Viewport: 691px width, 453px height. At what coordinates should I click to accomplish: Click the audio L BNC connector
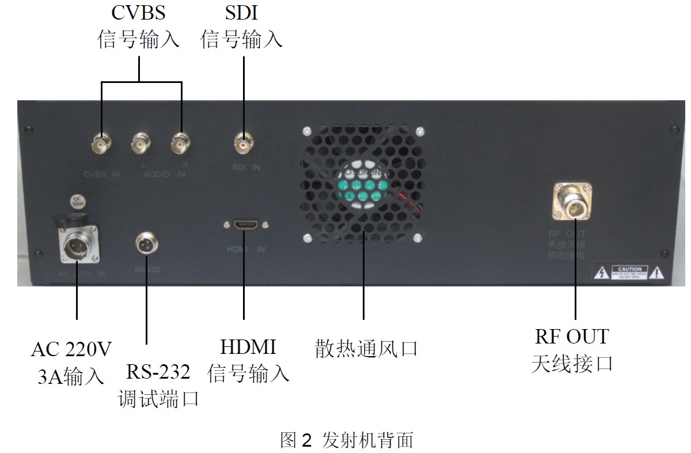tap(142, 144)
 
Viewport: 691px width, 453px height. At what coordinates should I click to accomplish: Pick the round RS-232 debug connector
tap(146, 243)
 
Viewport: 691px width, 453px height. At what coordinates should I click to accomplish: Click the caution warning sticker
tap(629, 273)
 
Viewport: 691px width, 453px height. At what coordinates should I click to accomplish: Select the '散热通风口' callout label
tap(366, 349)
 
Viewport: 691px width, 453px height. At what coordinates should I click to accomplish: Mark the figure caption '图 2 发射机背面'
tap(347, 440)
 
